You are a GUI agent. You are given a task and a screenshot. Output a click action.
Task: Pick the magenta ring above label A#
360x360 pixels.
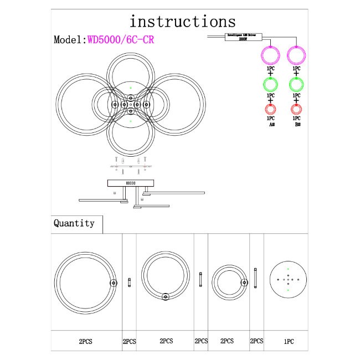(270, 56)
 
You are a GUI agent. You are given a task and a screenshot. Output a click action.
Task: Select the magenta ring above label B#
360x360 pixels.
(297, 56)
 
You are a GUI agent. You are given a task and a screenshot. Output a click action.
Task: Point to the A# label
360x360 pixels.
(271, 125)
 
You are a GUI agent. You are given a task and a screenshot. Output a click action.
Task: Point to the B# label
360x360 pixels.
(297, 125)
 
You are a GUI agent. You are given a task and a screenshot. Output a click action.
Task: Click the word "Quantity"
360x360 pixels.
(74, 223)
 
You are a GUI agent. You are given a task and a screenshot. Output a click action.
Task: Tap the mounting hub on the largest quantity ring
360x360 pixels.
(114, 282)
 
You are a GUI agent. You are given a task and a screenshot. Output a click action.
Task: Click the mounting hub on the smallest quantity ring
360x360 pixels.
(243, 282)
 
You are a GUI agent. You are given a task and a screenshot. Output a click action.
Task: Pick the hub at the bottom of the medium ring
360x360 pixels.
(165, 297)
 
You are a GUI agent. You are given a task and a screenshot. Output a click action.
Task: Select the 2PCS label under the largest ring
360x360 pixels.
(85, 342)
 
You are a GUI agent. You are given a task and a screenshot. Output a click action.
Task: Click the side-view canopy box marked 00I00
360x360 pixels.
(130, 182)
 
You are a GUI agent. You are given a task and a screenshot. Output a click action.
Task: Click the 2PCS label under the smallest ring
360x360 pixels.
(227, 342)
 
